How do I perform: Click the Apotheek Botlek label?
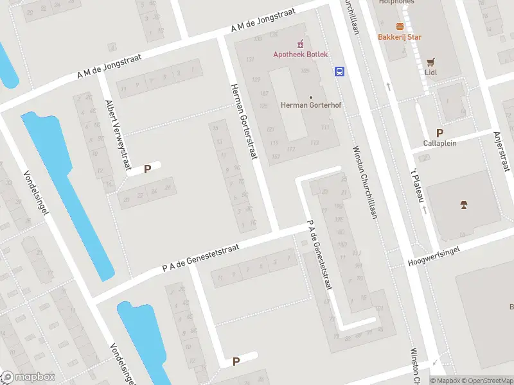point(299,55)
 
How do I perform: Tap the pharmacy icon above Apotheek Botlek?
point(299,44)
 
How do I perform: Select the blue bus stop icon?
point(339,71)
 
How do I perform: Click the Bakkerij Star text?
point(400,37)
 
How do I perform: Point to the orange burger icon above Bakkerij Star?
point(400,26)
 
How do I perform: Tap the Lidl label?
point(430,73)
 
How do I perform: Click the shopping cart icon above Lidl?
point(430,62)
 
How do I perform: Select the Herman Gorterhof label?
point(311,105)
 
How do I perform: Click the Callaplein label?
point(439,143)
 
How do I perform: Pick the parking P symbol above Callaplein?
point(439,132)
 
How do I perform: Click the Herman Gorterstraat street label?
point(244,121)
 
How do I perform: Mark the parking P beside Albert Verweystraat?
point(147,169)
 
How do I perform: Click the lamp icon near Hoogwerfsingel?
point(463,205)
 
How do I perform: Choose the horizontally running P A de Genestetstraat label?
point(201,257)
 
